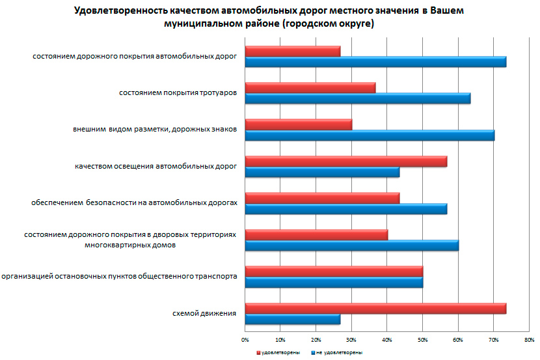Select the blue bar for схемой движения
click(x=293, y=319)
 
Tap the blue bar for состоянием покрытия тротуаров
click(x=357, y=98)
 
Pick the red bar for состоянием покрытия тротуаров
click(x=310, y=88)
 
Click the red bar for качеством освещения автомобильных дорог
click(x=345, y=161)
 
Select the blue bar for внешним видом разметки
click(x=370, y=135)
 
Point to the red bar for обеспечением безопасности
click(x=322, y=198)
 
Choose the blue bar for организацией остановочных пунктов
click(x=334, y=282)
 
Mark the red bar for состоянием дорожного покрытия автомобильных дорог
click(x=292, y=51)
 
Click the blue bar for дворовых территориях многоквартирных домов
click(x=351, y=245)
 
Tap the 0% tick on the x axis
click(x=245, y=339)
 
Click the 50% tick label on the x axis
click(x=422, y=339)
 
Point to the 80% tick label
click(x=529, y=339)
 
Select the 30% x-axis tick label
click(x=351, y=339)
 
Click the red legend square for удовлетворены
click(x=258, y=352)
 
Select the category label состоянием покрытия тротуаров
click(x=178, y=93)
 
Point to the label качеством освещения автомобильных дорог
click(x=155, y=167)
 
